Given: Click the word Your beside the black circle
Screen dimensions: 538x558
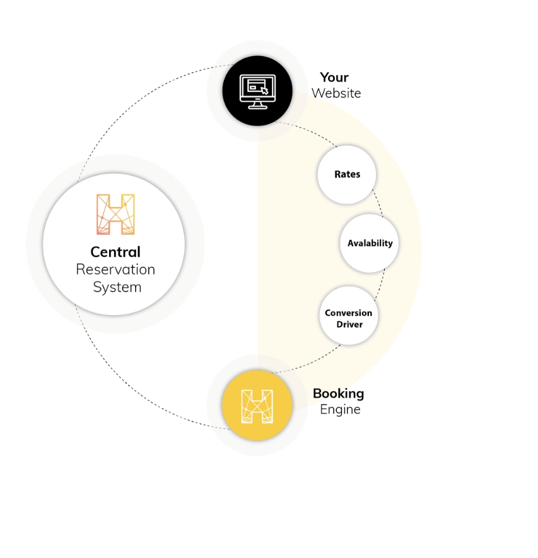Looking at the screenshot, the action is click(334, 77).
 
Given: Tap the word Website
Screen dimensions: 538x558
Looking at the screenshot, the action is click(336, 93).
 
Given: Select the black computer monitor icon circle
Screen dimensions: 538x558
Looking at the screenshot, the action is click(257, 91).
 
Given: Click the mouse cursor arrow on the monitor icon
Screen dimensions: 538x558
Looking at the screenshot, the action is click(264, 91).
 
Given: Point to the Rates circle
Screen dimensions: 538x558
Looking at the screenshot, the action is click(347, 174).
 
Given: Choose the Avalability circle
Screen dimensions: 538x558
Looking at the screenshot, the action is click(369, 243).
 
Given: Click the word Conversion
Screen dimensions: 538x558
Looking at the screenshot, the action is click(348, 313).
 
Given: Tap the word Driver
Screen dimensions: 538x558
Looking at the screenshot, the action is click(349, 324).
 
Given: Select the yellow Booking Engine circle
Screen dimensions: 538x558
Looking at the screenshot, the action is click(257, 405).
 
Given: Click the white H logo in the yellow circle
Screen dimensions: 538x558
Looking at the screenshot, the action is click(257, 406).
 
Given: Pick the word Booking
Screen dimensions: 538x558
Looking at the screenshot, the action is click(339, 393).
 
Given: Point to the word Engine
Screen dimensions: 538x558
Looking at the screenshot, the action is click(340, 409).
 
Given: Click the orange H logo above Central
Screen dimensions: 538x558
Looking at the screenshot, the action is click(115, 214).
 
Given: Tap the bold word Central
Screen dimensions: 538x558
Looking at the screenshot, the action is click(115, 252).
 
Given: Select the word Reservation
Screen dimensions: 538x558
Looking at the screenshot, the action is click(115, 270).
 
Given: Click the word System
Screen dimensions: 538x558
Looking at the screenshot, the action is click(117, 287).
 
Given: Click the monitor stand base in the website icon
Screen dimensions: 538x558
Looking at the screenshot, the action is click(257, 107).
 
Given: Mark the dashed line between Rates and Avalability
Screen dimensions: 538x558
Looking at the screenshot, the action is click(378, 203).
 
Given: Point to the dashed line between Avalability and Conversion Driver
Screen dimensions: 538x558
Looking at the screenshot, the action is click(381, 285).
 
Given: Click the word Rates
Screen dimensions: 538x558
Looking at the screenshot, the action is click(347, 174).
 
